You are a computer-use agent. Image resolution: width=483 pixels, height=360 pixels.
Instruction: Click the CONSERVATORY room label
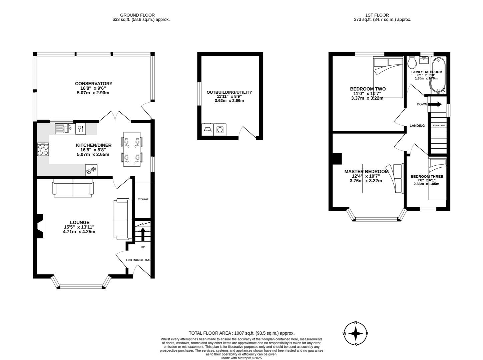(93, 84)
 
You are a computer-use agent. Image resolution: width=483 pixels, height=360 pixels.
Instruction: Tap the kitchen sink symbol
(66, 128)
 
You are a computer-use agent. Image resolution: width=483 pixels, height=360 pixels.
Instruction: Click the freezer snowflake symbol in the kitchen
(91, 170)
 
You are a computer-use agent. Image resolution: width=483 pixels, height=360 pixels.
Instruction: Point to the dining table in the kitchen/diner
(132, 149)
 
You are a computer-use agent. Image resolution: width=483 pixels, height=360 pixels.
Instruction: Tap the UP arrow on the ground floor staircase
(143, 234)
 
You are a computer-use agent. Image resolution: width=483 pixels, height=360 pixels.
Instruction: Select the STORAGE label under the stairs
(143, 199)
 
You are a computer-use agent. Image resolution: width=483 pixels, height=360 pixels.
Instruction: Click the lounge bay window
(81, 286)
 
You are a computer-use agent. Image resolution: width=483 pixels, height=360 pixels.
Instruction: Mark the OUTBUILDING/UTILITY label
(229, 92)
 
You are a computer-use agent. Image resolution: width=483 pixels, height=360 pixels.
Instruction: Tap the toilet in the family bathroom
(411, 62)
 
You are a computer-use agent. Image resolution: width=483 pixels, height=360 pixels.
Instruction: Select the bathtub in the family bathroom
(438, 75)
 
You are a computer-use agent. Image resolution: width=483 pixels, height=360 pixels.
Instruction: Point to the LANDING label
(417, 126)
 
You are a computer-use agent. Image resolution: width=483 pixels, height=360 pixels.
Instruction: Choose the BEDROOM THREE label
(427, 177)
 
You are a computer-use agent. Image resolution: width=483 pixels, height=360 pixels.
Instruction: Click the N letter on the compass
(356, 322)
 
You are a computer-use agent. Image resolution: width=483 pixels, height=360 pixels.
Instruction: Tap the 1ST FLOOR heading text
(377, 15)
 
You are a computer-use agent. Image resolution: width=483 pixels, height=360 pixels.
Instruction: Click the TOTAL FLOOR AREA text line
(241, 333)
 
